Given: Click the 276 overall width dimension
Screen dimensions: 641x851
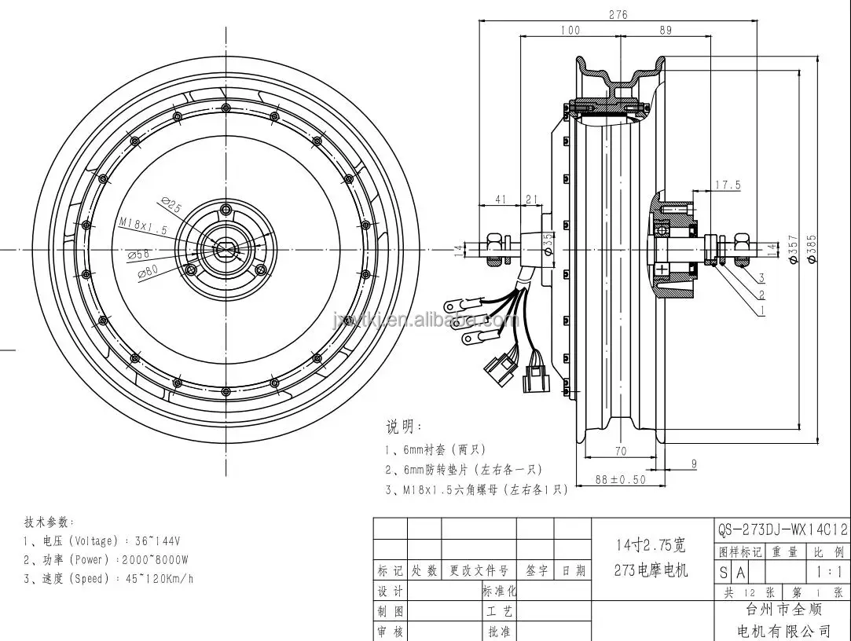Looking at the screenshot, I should (x=618, y=13).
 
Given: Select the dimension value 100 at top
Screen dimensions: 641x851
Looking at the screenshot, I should (x=570, y=31).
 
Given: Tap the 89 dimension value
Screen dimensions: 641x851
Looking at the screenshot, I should (x=664, y=31).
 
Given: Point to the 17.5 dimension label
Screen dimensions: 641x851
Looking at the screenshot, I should (x=728, y=185).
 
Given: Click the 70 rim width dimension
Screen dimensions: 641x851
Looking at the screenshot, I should (x=620, y=451).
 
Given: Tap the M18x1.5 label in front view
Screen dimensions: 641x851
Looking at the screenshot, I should (x=143, y=227).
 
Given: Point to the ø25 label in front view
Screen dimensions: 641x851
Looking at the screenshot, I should (x=171, y=207).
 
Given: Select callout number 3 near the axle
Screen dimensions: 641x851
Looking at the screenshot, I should (x=761, y=278).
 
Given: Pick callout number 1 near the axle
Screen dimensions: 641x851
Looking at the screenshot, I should (x=761, y=311).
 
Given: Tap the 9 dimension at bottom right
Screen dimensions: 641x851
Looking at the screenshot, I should (x=694, y=464).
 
